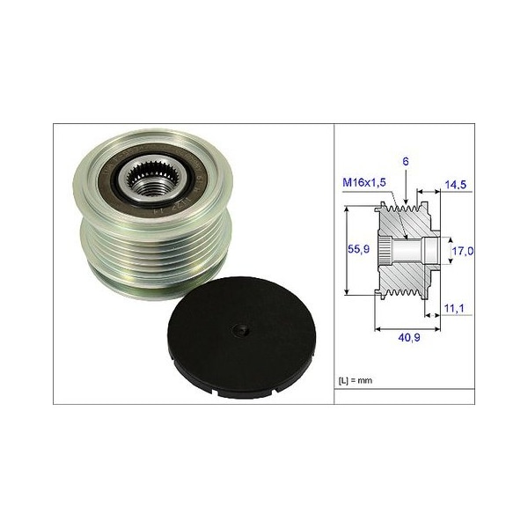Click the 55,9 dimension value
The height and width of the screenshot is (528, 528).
click(x=358, y=249)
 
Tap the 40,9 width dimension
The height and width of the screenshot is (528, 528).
click(x=409, y=337)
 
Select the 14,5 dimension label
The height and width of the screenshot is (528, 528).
click(x=455, y=185)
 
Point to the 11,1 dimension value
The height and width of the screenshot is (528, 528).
click(x=454, y=308)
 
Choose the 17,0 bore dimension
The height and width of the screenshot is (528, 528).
click(x=462, y=251)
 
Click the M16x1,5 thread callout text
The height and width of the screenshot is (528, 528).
click(x=364, y=182)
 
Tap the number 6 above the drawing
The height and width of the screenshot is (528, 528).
click(x=406, y=162)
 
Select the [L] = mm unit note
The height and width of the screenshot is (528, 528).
click(x=356, y=380)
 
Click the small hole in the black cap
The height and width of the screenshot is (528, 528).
click(x=241, y=330)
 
